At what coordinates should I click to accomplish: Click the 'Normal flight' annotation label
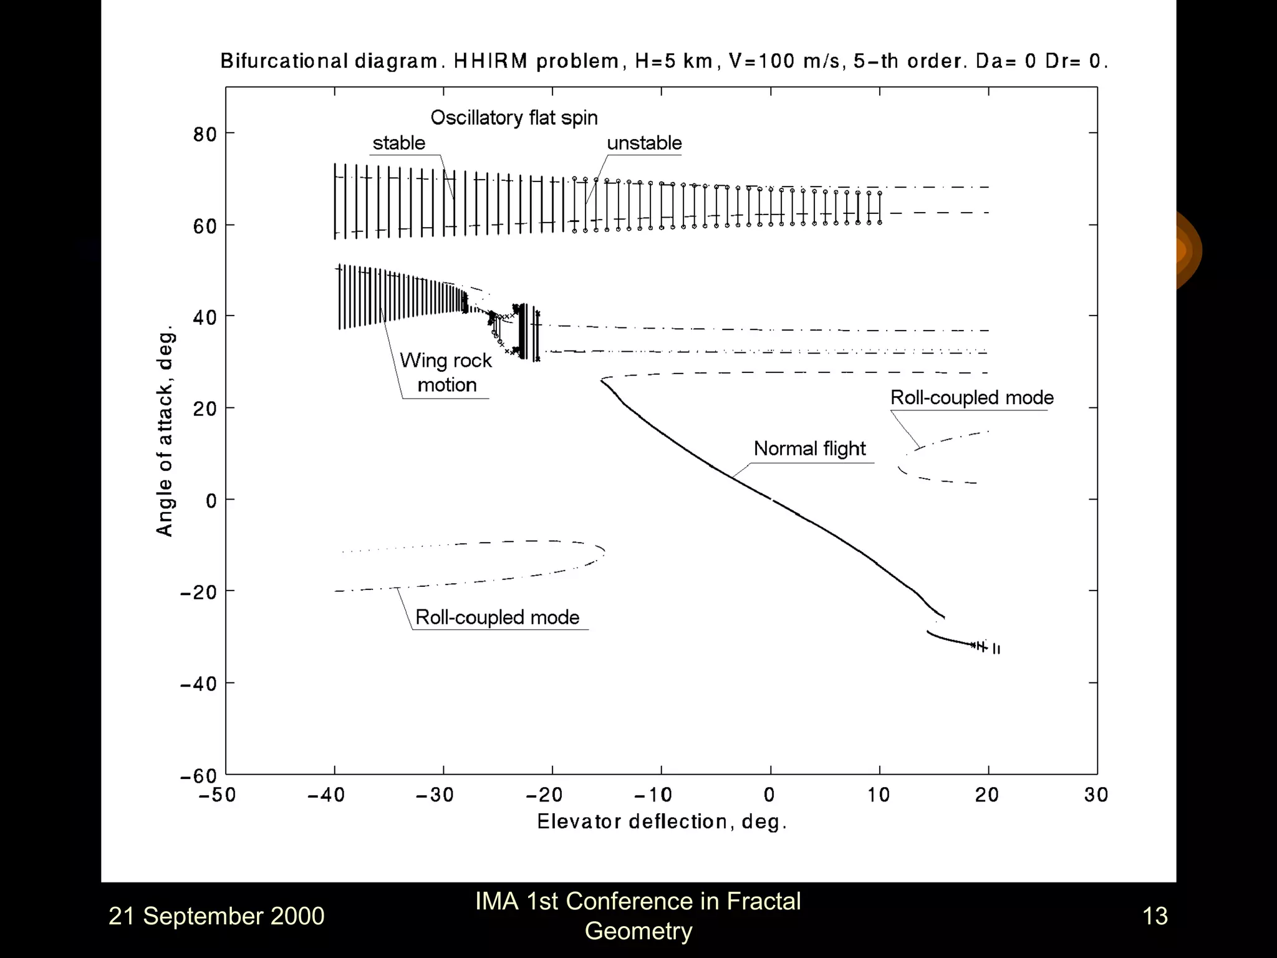(809, 448)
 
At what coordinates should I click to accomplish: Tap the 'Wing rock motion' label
(446, 372)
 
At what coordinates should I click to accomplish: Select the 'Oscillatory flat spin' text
(514, 117)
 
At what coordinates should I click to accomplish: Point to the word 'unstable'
(644, 143)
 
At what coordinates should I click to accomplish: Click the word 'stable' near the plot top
(398, 143)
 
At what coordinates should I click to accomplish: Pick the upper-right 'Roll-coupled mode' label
(971, 397)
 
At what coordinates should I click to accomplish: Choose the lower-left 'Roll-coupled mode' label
(497, 617)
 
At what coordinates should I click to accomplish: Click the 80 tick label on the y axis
(205, 134)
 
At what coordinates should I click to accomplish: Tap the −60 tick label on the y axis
(198, 777)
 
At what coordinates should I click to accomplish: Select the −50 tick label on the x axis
(218, 795)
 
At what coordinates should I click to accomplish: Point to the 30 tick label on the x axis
(1096, 795)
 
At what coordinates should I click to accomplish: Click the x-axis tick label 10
(879, 795)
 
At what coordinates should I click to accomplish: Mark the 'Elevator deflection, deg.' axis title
(662, 821)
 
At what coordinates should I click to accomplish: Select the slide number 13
(1155, 916)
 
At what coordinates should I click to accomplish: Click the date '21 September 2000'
(216, 916)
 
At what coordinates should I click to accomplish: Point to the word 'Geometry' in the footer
(638, 931)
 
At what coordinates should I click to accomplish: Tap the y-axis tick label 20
(205, 409)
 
